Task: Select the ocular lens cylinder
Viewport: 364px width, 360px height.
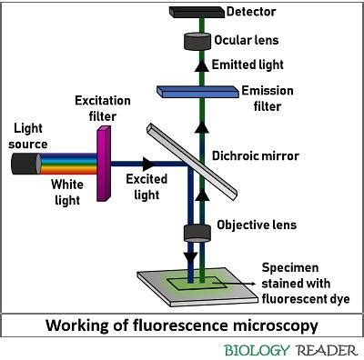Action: tap(198, 42)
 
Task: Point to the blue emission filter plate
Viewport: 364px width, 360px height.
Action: tap(197, 91)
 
